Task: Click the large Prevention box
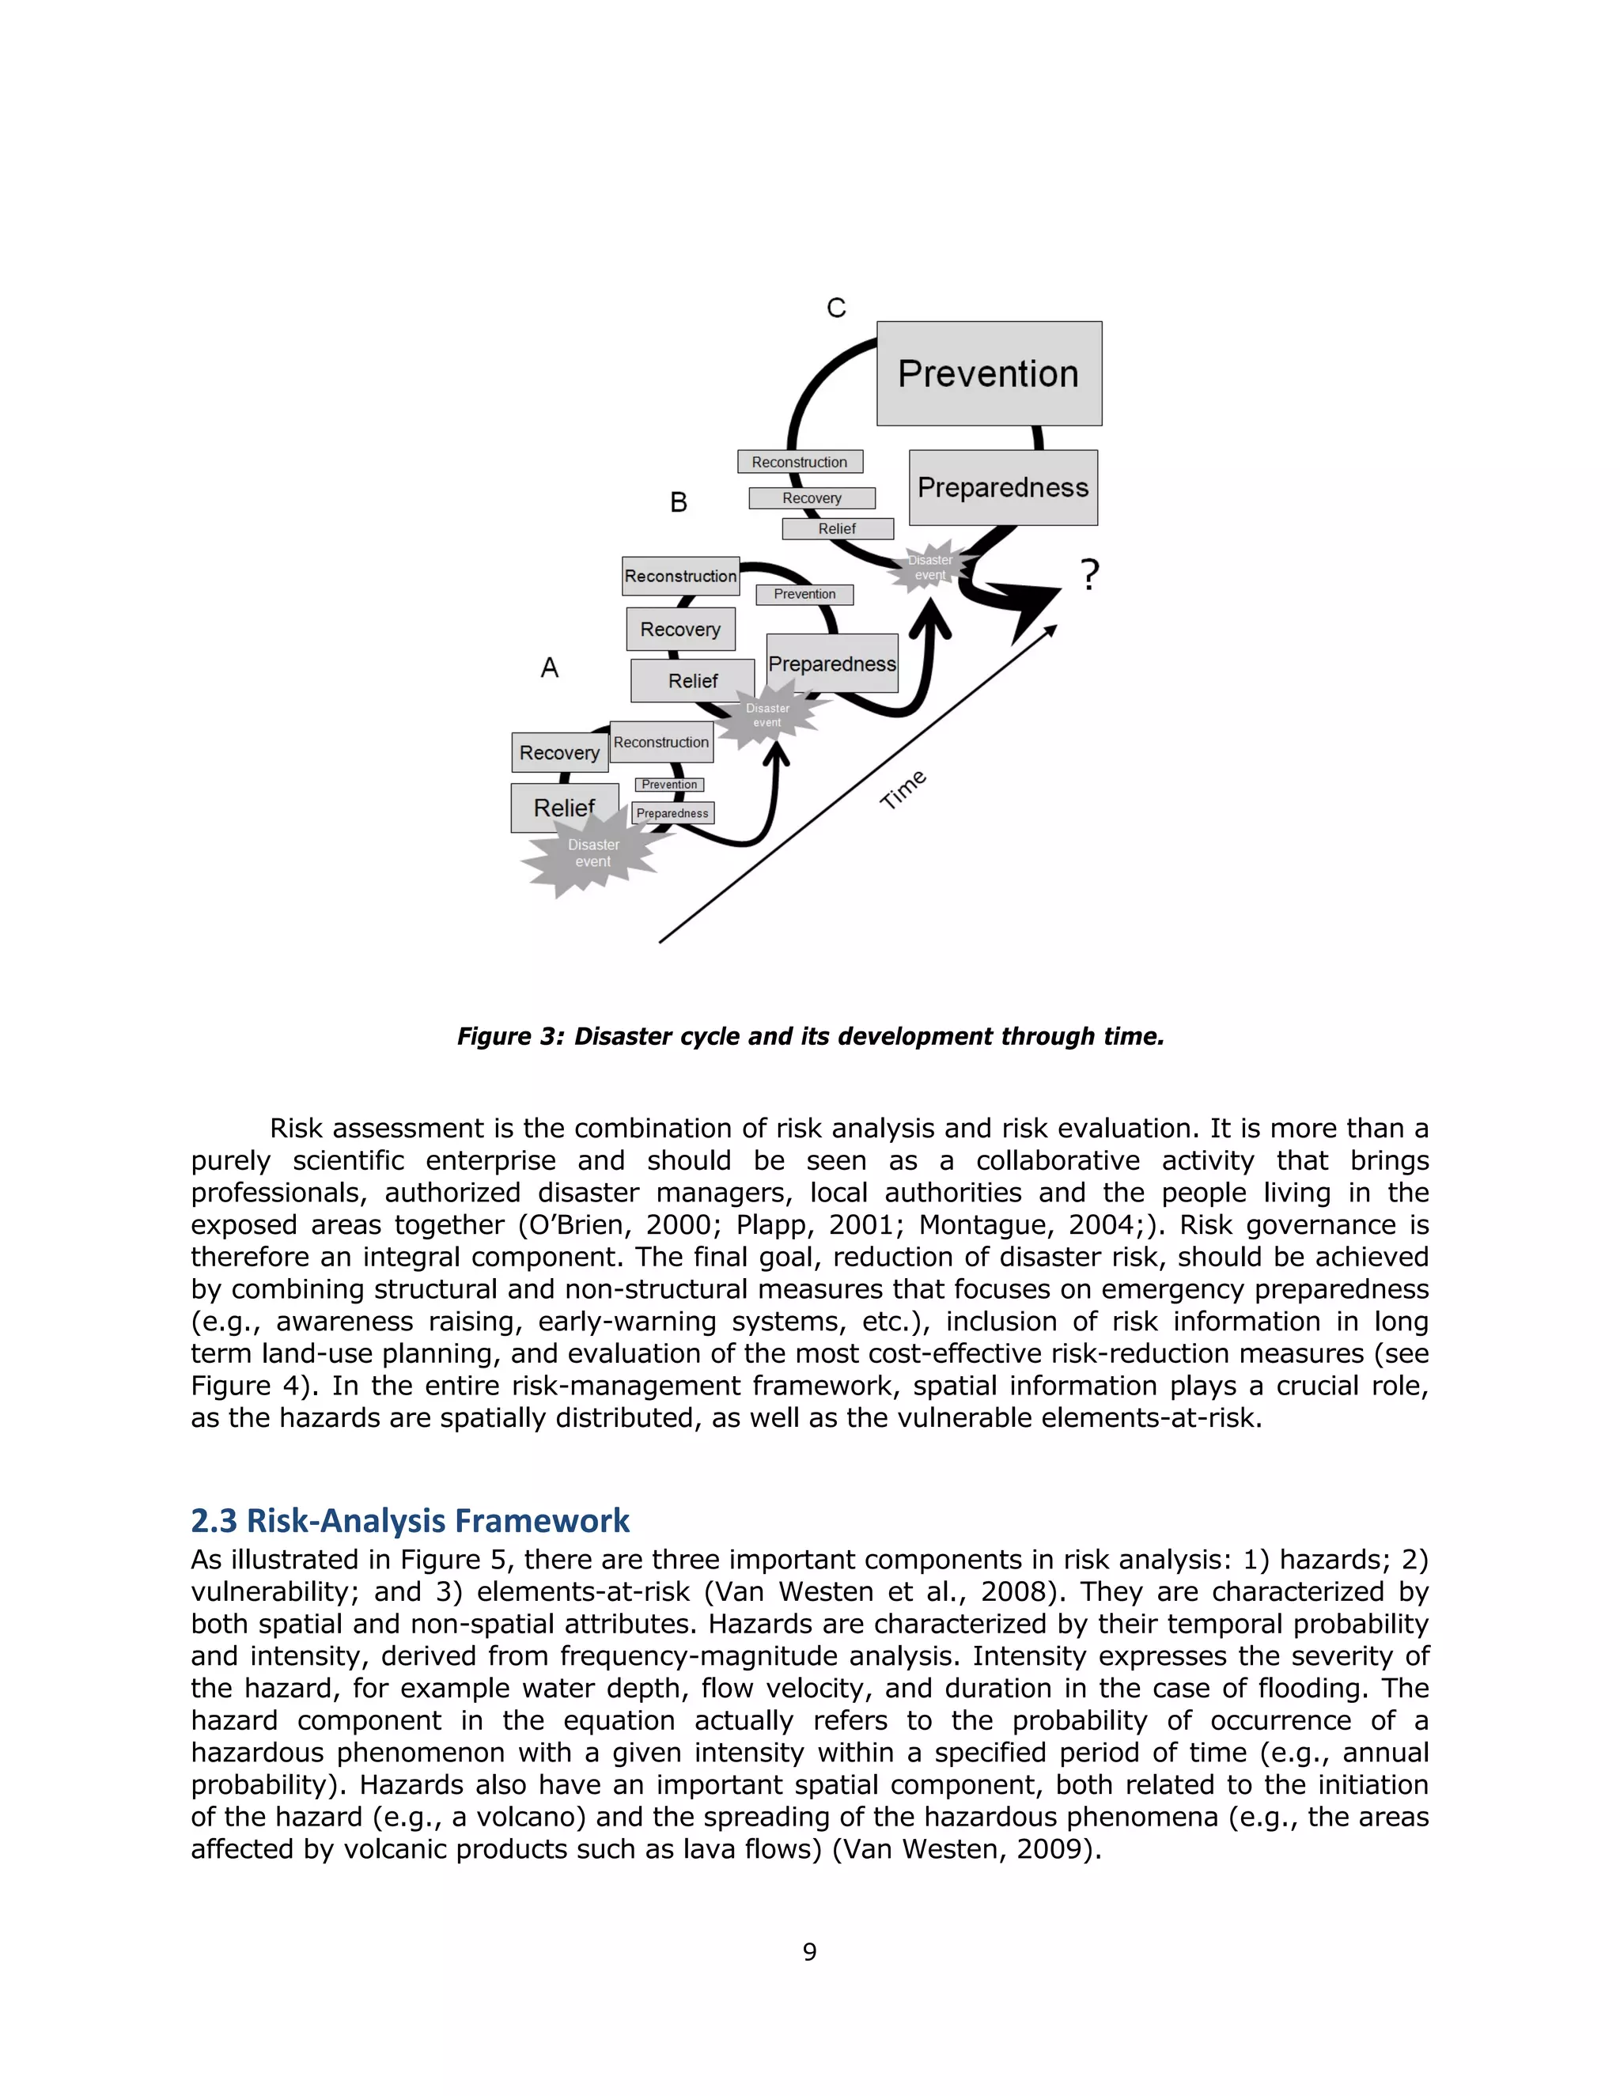point(989,373)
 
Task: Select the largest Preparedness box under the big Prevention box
point(1003,487)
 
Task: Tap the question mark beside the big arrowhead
point(1089,575)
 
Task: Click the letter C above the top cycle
point(836,308)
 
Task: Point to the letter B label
point(679,503)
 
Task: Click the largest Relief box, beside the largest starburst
point(563,807)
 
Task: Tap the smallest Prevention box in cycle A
point(669,784)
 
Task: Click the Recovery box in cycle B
point(679,630)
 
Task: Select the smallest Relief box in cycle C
point(837,529)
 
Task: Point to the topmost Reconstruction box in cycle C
point(800,462)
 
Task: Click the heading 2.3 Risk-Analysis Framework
point(410,1521)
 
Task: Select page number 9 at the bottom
point(809,1951)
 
